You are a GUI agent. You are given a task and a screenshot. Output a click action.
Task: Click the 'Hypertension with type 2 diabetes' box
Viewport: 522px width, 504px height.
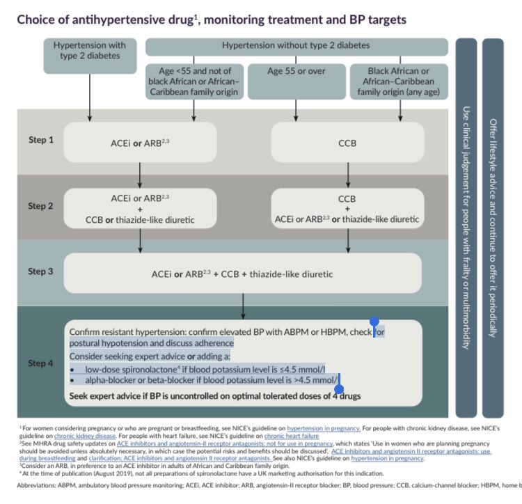coord(88,56)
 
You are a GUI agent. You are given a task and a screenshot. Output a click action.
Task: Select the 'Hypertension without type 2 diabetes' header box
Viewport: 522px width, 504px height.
coord(295,47)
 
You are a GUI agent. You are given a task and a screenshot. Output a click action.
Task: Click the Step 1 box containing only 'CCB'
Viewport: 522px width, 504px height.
coord(346,142)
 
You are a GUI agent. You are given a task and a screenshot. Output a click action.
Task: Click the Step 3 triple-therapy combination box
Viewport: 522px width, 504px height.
coord(242,274)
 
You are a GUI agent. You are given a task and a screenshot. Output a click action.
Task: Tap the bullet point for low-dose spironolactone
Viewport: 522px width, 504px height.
coord(72,369)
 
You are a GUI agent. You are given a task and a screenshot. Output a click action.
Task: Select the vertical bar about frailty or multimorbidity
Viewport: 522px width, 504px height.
coord(466,226)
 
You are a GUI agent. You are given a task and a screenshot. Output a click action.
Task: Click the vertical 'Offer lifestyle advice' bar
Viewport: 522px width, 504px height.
coord(493,226)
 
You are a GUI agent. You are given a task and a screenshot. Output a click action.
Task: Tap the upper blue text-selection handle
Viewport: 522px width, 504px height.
coord(374,322)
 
